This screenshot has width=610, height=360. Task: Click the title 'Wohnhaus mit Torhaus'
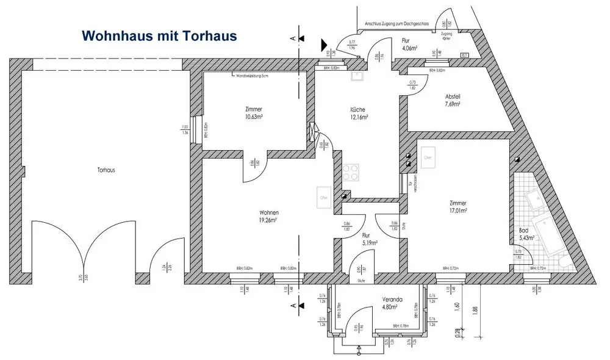159,35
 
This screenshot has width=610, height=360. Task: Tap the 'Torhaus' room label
106,170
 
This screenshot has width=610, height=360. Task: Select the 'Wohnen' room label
268,213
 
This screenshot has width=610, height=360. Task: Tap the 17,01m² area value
457,211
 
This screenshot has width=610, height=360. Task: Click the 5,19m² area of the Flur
368,242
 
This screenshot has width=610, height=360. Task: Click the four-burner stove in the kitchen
351,172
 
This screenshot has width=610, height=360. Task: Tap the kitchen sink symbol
356,76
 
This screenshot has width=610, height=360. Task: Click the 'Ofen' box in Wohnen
323,198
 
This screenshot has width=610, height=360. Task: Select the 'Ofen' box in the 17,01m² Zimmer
428,157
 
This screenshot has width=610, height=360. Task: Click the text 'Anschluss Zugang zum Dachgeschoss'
397,23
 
